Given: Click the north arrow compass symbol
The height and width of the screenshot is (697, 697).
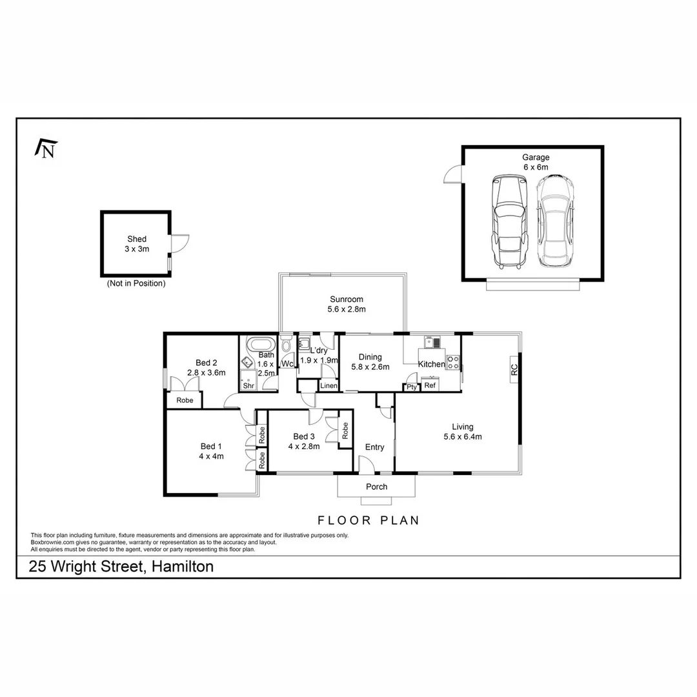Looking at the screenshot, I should (x=46, y=148).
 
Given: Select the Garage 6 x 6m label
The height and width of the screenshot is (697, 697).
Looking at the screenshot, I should (x=536, y=162).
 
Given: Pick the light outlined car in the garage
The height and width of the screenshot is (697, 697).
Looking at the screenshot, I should (x=554, y=221).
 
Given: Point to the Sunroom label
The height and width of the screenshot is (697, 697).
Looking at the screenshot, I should (x=347, y=304).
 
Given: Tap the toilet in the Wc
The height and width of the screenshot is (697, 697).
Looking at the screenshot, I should (x=287, y=345).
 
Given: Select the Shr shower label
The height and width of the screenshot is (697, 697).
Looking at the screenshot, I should (x=248, y=385).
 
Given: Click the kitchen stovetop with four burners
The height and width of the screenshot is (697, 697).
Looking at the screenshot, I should (x=453, y=362).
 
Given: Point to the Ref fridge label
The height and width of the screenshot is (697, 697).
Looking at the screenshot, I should (x=430, y=385).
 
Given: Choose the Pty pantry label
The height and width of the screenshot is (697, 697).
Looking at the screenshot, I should (x=410, y=387).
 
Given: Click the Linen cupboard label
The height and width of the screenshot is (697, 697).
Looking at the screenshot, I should (x=328, y=386).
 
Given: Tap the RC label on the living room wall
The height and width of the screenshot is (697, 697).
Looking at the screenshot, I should (x=514, y=370).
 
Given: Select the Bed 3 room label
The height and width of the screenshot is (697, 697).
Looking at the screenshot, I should (x=304, y=441).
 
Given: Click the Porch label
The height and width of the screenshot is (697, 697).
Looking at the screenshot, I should (x=376, y=487).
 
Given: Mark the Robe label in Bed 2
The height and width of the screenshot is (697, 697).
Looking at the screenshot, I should (x=185, y=400).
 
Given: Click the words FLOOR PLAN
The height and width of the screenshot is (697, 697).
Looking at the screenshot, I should (x=369, y=520).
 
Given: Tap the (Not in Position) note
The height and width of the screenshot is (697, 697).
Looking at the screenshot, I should (x=136, y=283).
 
